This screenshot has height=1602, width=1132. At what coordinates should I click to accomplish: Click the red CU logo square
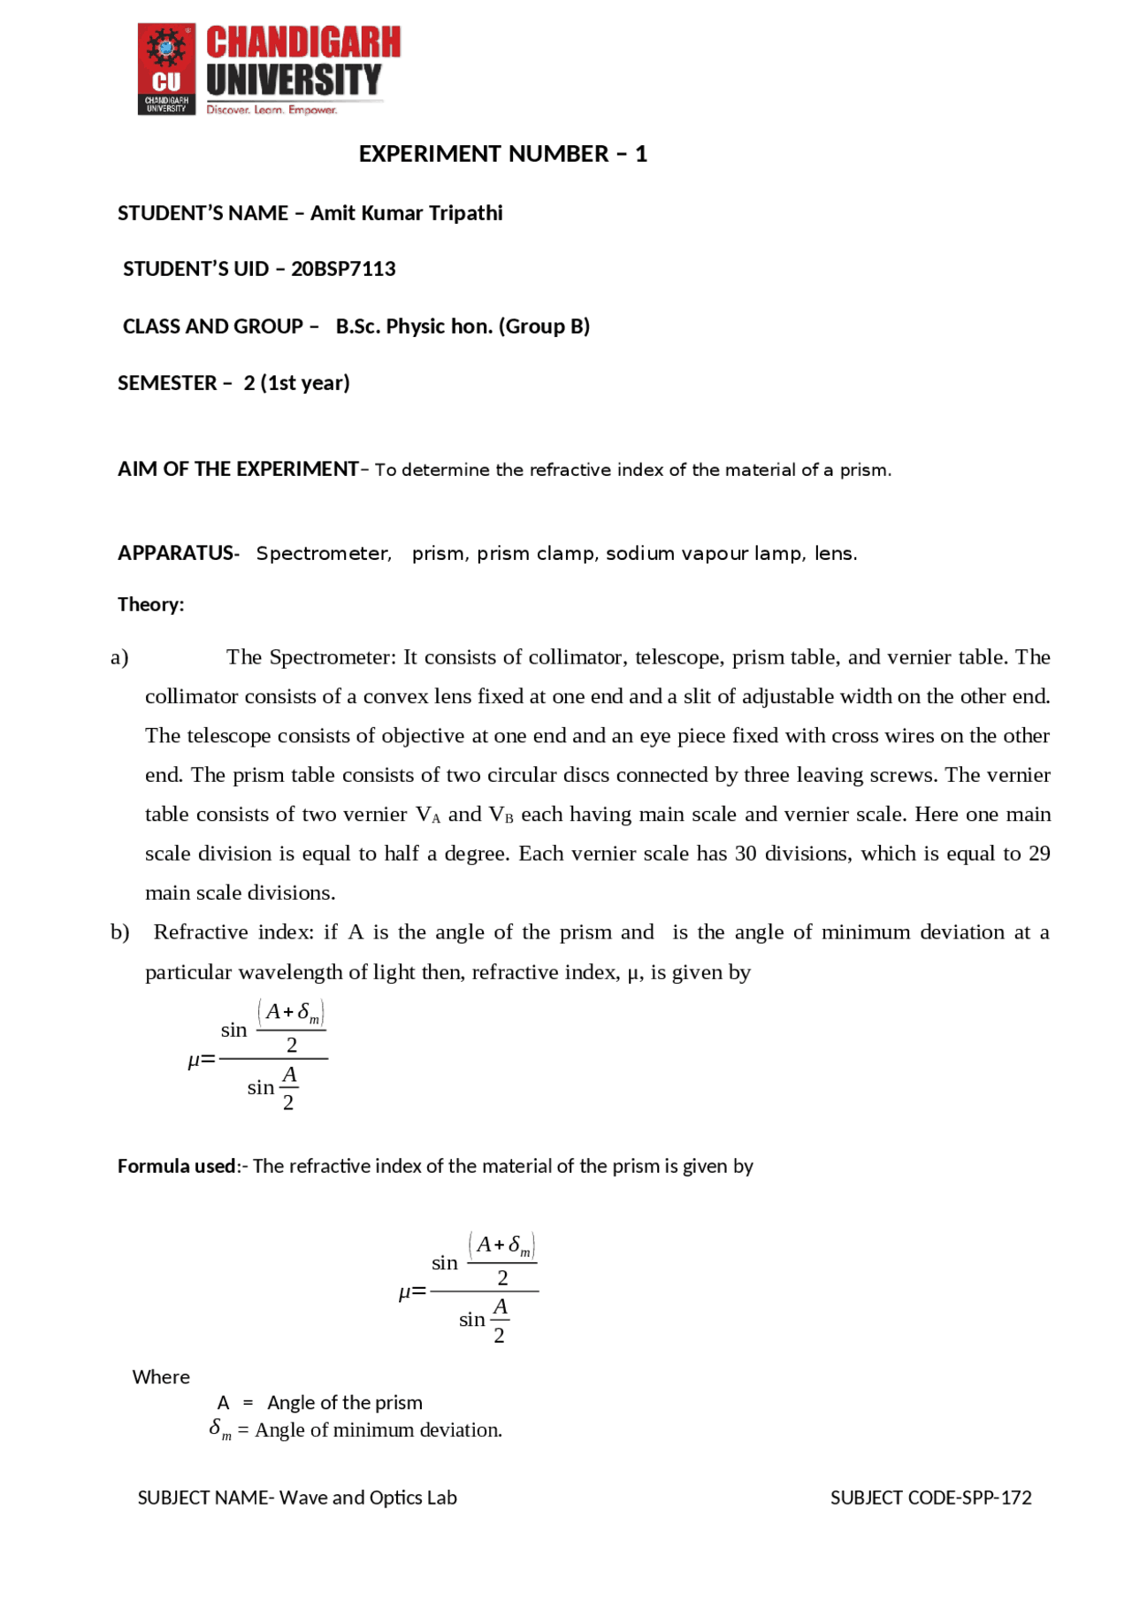coord(166,69)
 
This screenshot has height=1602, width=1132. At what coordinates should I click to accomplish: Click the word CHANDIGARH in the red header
coord(303,42)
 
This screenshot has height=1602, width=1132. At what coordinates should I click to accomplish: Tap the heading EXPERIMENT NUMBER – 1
coord(502,154)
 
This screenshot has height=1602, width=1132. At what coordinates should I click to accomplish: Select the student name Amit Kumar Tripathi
coord(406,213)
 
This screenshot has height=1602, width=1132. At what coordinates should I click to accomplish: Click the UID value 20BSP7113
coord(343,269)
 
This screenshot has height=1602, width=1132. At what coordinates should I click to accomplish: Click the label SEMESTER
coord(167,383)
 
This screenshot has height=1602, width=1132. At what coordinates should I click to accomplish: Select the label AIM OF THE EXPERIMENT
coord(238,469)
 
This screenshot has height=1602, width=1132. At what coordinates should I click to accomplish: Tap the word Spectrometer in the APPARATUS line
coord(323,554)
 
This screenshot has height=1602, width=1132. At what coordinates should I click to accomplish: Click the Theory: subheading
coord(150,605)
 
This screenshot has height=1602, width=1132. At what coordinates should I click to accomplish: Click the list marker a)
coord(119,657)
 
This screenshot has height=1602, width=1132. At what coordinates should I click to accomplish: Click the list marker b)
coord(119,932)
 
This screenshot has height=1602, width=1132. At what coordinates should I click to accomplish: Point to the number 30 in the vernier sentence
coord(746,854)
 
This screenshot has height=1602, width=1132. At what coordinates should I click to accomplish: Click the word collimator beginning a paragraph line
coord(191,697)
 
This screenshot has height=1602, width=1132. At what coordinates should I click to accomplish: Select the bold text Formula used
coord(177,1166)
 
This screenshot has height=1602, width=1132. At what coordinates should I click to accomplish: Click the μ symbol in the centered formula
coord(405,1292)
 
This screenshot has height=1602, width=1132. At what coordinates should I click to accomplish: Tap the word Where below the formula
coord(161,1377)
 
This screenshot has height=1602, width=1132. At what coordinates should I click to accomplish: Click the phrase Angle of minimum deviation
coord(378,1430)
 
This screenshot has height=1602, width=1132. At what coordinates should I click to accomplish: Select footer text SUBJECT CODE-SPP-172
coord(930,1498)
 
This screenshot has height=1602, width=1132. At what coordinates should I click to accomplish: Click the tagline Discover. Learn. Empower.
coord(272,111)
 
